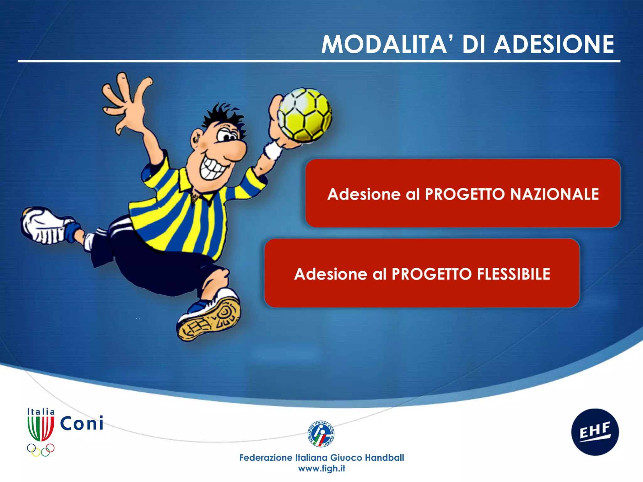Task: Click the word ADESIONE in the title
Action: (x=554, y=45)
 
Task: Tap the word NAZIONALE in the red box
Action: (x=554, y=194)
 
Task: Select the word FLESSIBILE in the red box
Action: (x=514, y=274)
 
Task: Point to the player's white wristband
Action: (x=273, y=150)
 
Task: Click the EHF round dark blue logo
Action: (x=595, y=432)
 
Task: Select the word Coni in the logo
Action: (x=82, y=424)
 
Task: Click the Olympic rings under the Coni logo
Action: (x=41, y=449)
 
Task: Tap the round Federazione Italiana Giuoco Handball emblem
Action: (x=321, y=434)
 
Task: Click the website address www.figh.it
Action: (x=321, y=468)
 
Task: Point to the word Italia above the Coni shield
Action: (x=41, y=412)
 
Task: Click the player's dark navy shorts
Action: (x=157, y=270)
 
